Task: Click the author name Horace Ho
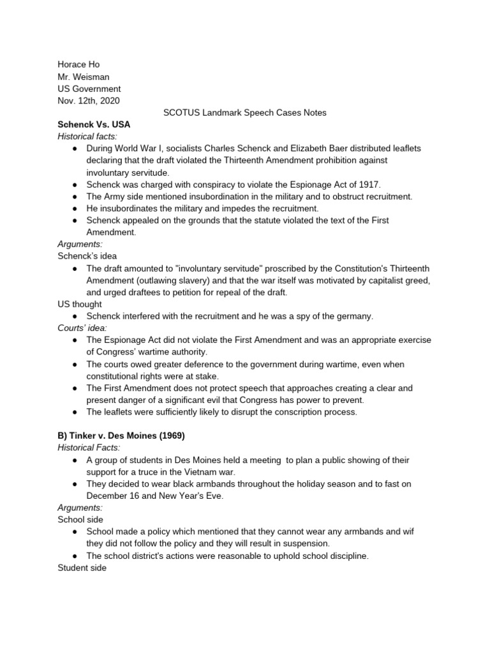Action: [78, 65]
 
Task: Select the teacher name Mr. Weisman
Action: [84, 77]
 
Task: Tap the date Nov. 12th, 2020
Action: [88, 101]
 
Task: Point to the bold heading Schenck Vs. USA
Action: [94, 125]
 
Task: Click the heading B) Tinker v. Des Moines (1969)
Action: [121, 436]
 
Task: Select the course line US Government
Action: [89, 89]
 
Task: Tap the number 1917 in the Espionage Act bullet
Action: [367, 184]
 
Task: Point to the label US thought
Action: [80, 304]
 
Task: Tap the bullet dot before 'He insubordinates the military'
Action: [75, 208]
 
